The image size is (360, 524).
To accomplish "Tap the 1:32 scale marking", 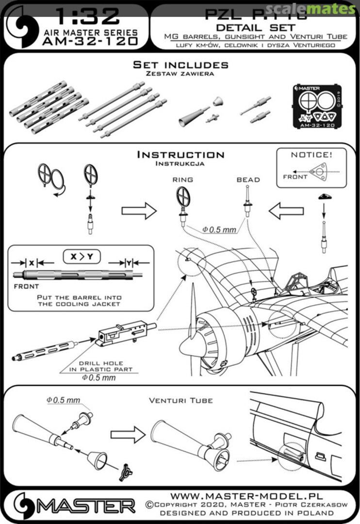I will [87, 16].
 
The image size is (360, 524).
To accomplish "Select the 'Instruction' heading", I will [180, 155].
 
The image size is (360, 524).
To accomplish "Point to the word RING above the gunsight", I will [182, 180].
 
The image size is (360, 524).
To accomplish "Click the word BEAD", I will [248, 180].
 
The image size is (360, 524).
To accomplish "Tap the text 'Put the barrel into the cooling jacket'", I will [80, 301].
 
